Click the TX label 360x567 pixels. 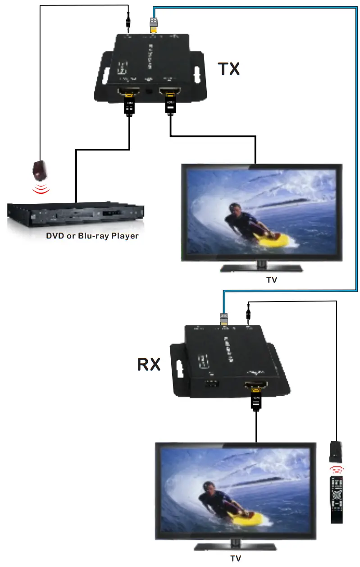point(229,68)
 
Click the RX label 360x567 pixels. point(149,364)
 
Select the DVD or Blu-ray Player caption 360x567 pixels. point(92,236)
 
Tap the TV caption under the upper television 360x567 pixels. point(271,280)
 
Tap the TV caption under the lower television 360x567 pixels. point(236,558)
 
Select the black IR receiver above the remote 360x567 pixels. point(336,451)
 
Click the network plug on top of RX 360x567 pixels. point(224,319)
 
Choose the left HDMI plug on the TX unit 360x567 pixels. point(129,103)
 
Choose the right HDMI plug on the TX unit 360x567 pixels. point(170,103)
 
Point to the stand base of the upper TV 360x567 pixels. point(261,269)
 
